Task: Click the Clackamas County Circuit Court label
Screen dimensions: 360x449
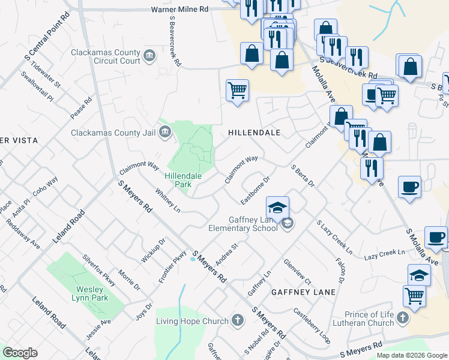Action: tap(105, 56)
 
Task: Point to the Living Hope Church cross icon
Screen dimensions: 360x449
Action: tap(238, 320)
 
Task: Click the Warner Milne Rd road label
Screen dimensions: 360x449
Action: tap(179, 10)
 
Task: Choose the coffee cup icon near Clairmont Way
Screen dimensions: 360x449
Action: tap(409, 187)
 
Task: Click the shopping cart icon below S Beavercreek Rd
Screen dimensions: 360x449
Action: tap(237, 91)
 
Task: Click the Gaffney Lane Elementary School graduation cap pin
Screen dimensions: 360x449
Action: tap(277, 208)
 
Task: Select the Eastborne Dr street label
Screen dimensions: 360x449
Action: tap(256, 189)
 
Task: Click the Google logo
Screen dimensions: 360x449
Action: tap(20, 353)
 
